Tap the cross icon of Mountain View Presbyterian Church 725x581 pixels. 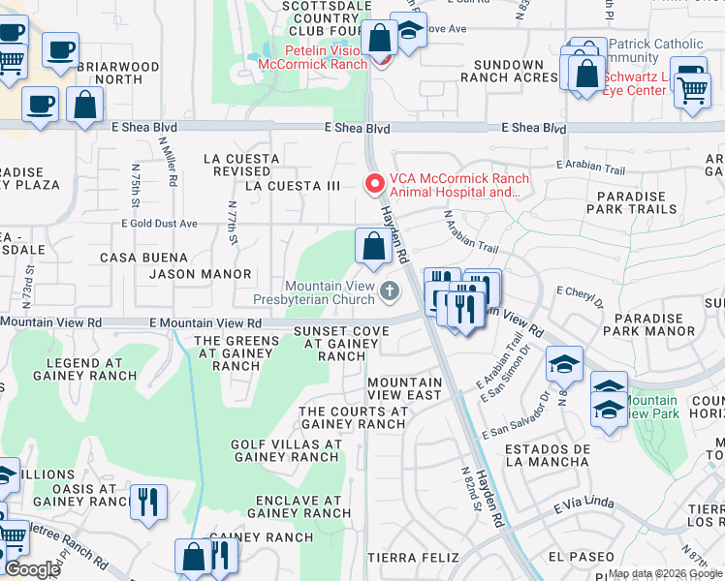[389, 291]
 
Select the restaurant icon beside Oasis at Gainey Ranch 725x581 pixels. [148, 503]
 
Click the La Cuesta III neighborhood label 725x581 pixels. [293, 185]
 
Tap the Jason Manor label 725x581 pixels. [201, 274]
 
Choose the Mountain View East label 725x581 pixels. [405, 388]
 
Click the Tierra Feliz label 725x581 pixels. [405, 558]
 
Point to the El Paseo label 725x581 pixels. [581, 556]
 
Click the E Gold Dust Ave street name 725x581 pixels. [159, 224]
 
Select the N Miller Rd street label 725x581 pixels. [172, 162]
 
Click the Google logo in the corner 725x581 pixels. [32, 569]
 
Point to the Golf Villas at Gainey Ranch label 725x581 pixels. [286, 451]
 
